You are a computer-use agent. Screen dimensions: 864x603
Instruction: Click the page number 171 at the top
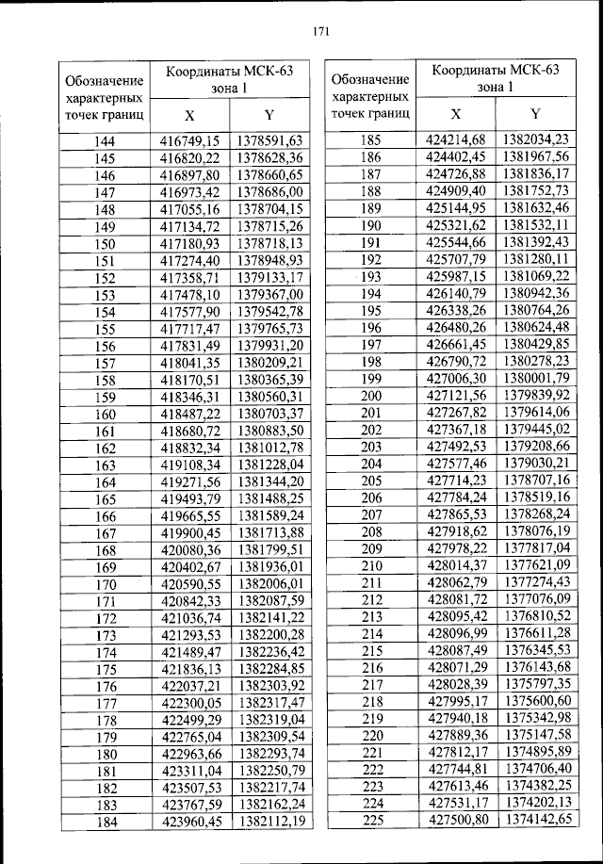coord(319,30)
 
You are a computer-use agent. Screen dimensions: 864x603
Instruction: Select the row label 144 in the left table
coord(106,140)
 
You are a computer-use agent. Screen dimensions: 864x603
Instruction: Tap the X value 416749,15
coord(188,140)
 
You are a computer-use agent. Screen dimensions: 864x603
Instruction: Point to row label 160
coord(106,414)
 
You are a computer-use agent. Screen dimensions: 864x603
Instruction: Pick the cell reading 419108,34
coord(188,465)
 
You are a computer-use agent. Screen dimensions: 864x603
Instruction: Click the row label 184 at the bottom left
coord(106,823)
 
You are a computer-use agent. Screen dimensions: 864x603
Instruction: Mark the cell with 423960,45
coord(188,823)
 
